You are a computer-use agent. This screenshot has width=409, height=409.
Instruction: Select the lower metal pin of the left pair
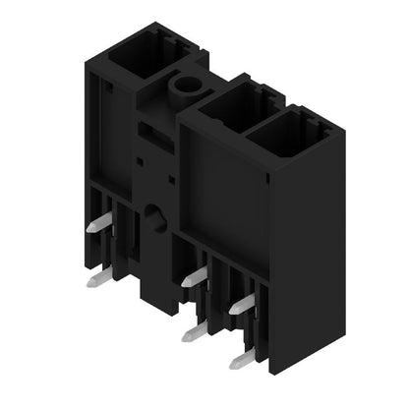(97, 279)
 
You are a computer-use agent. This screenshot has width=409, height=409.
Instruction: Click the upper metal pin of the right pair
(241, 306)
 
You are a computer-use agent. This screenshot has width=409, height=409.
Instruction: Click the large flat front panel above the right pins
(221, 197)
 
